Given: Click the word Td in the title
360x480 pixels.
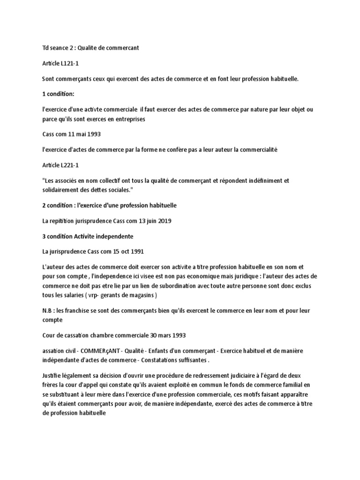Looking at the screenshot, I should pyautogui.click(x=45, y=48).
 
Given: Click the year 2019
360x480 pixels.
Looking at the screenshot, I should pyautogui.click(x=161, y=221).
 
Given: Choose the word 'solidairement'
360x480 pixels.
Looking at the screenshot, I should pyautogui.click(x=60, y=189).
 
